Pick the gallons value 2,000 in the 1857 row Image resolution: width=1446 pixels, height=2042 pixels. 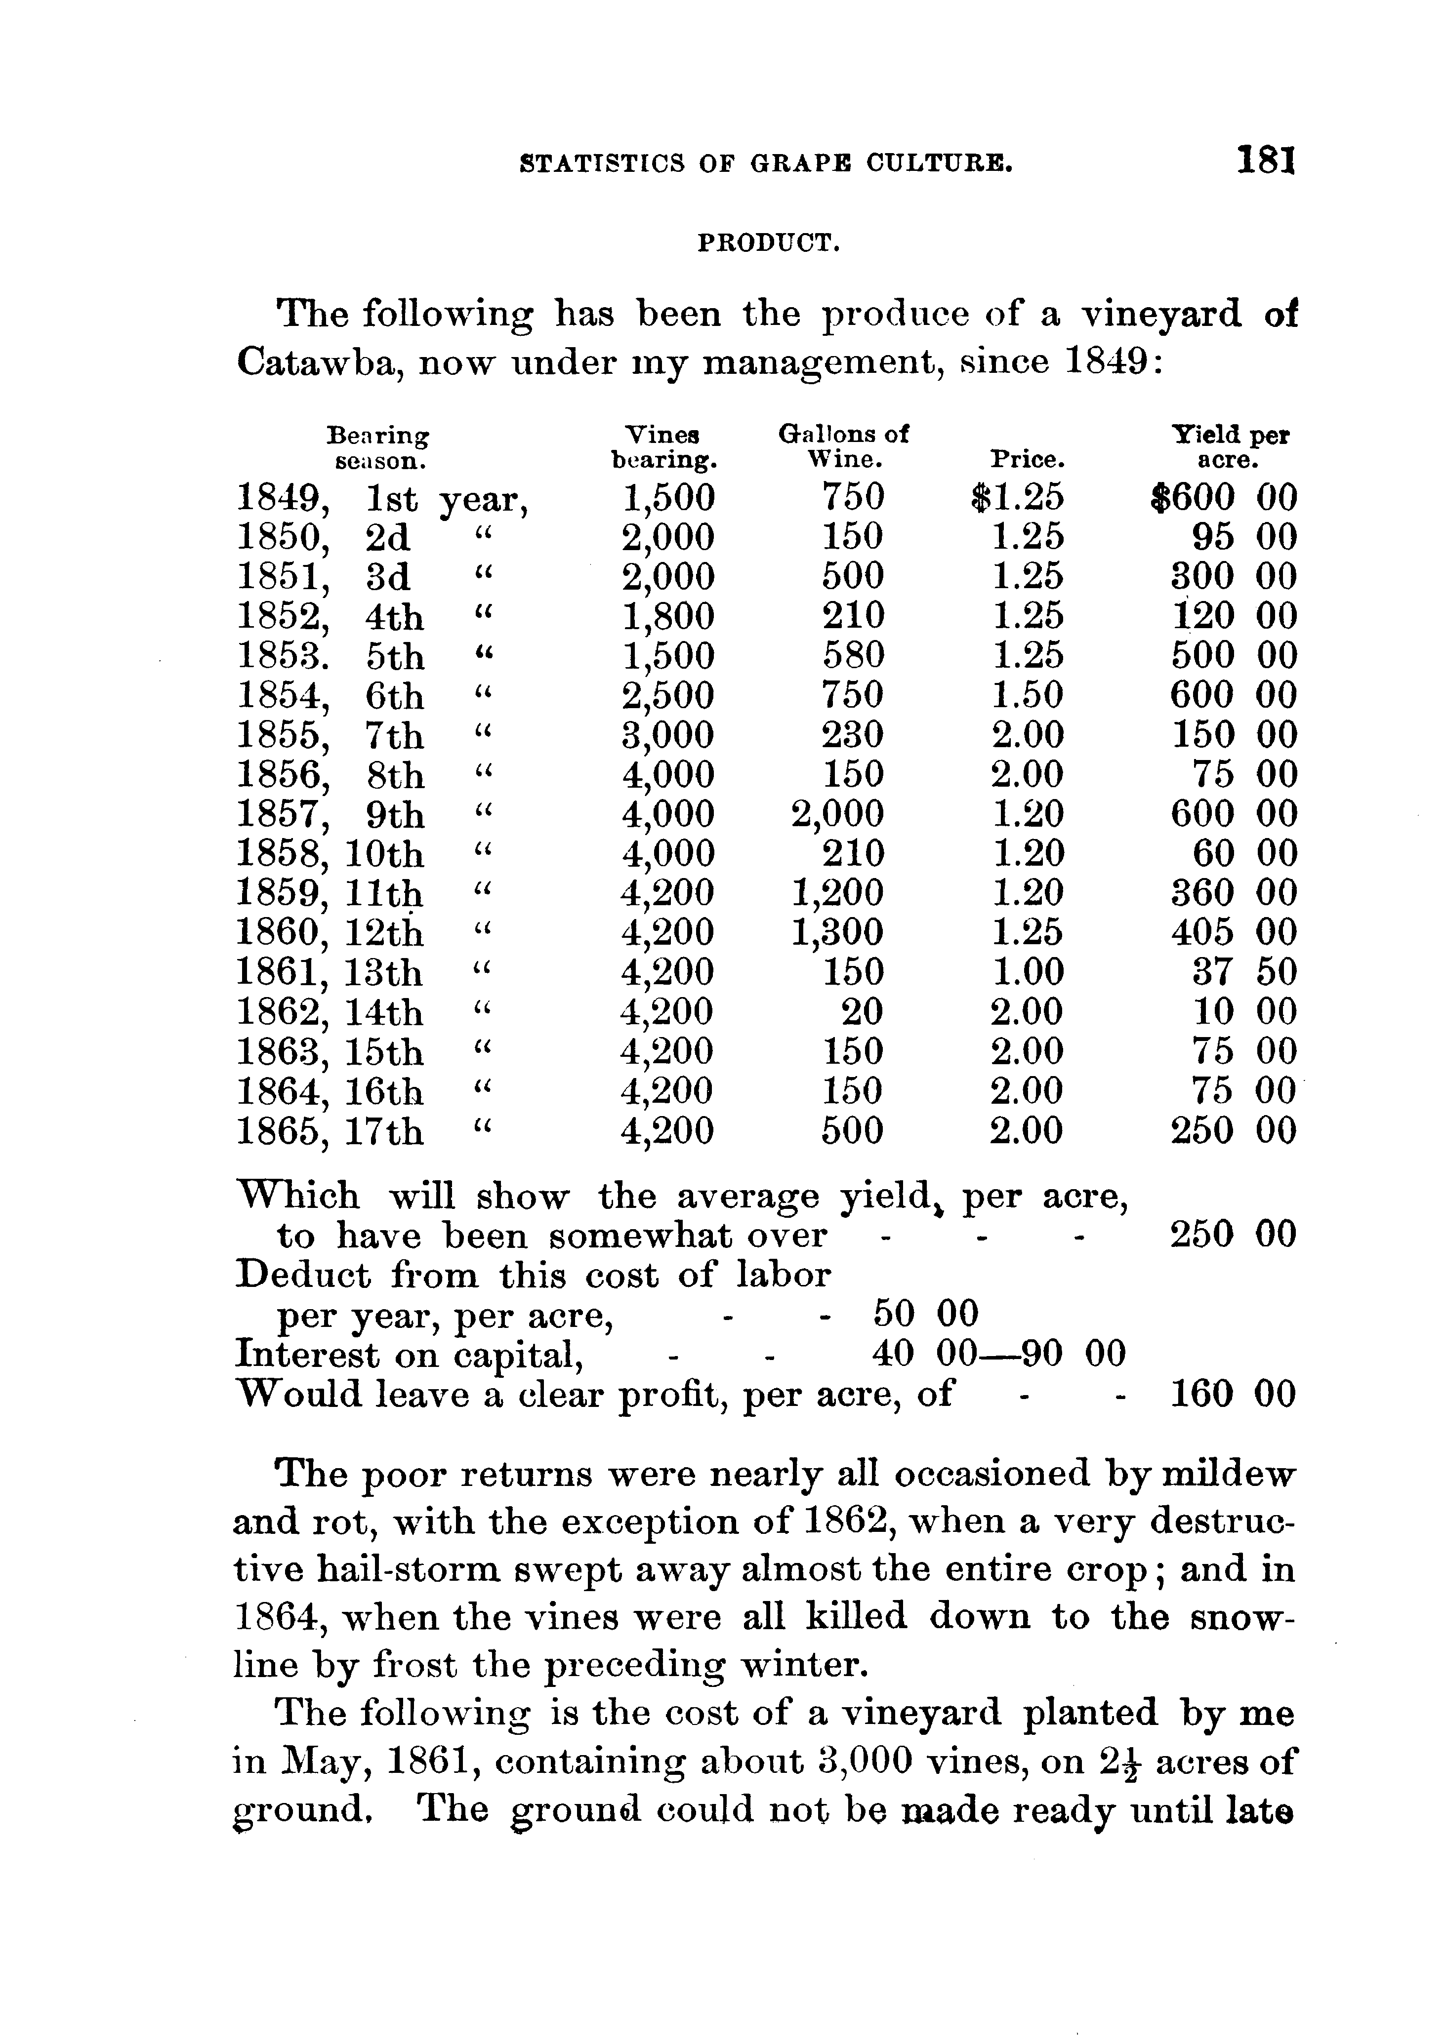(x=837, y=814)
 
